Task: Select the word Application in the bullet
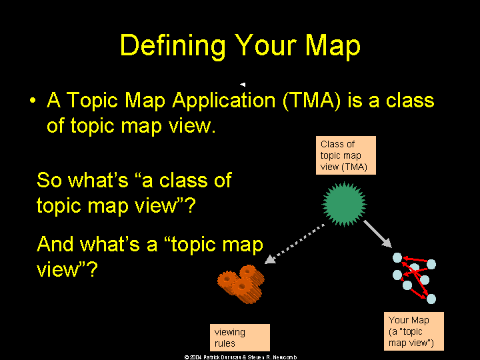point(224,101)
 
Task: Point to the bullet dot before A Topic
point(33,101)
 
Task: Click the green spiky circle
point(344,204)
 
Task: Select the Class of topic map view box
point(346,155)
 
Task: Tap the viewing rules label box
point(240,337)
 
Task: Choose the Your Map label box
point(414,331)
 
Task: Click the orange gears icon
point(241,285)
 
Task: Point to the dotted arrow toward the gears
point(295,244)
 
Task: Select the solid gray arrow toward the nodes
point(378,234)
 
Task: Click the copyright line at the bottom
point(241,357)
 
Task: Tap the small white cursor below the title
point(243,84)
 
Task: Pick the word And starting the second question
point(55,244)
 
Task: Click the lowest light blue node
point(431,299)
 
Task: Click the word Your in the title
point(267,46)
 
